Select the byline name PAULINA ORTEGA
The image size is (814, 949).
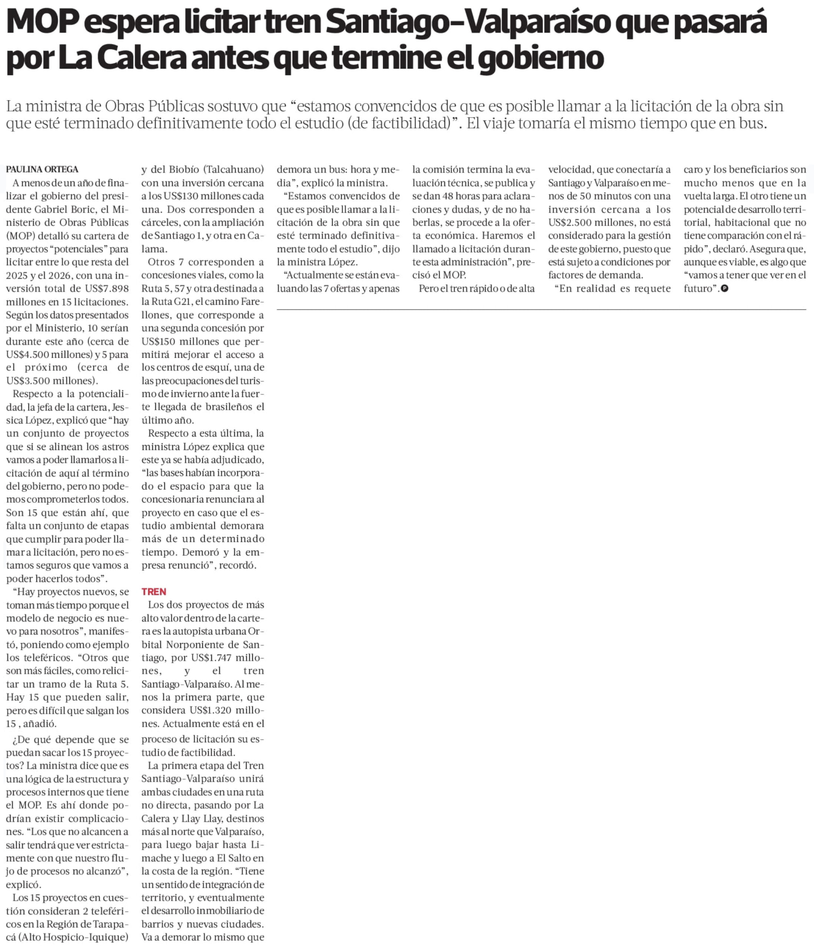click(x=42, y=169)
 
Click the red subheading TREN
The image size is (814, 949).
click(x=154, y=591)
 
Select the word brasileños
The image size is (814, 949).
click(x=227, y=407)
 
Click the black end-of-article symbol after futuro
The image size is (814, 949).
click(x=725, y=288)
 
